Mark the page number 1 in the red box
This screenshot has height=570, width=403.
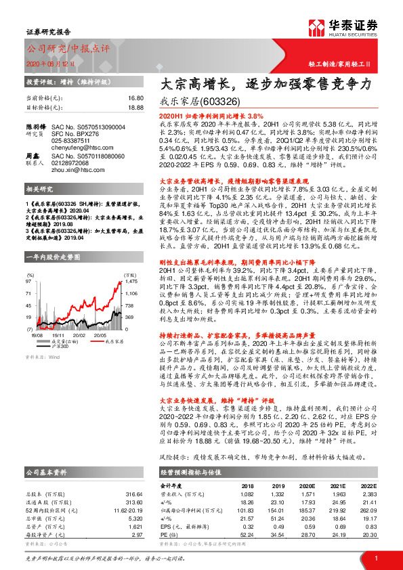tap(376, 556)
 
